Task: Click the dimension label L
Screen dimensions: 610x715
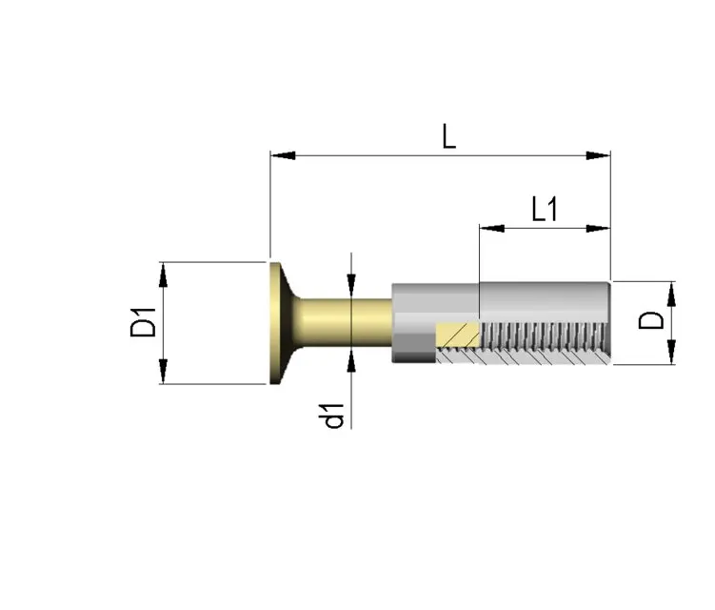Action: (x=448, y=136)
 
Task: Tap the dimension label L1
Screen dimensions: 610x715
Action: (x=544, y=209)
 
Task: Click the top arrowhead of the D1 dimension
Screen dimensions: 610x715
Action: (x=163, y=274)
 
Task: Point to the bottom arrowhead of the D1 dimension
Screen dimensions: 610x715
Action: (x=163, y=372)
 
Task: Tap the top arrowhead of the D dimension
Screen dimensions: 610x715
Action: (x=671, y=294)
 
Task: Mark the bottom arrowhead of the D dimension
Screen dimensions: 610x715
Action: (x=671, y=353)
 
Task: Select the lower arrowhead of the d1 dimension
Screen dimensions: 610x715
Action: (x=351, y=359)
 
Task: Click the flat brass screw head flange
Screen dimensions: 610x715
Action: (x=278, y=323)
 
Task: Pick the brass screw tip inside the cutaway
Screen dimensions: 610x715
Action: (x=457, y=335)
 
